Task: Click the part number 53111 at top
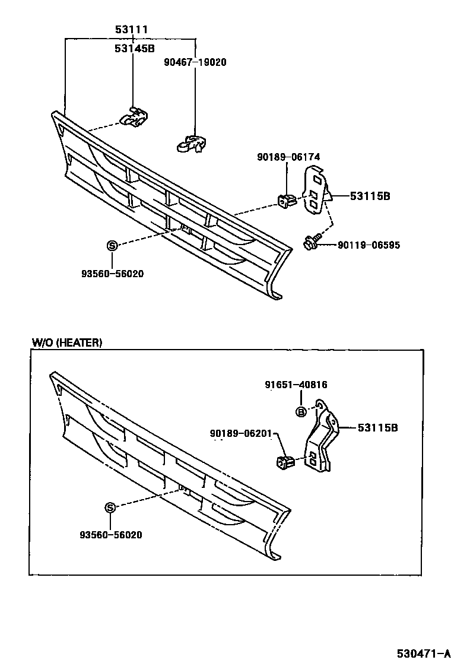tap(131, 29)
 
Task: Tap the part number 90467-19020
tap(196, 62)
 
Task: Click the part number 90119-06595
tap(369, 245)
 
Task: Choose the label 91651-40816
tap(296, 385)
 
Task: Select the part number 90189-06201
tap(240, 433)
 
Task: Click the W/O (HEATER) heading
tap(66, 342)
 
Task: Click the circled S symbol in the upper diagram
tap(112, 246)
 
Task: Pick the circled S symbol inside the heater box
tap(110, 507)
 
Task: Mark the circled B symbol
tap(301, 412)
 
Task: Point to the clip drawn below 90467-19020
tap(190, 144)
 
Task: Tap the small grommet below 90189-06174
tap(286, 201)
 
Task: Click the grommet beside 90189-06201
tap(285, 460)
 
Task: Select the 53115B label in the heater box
tap(377, 427)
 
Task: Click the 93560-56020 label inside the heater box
tap(110, 535)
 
